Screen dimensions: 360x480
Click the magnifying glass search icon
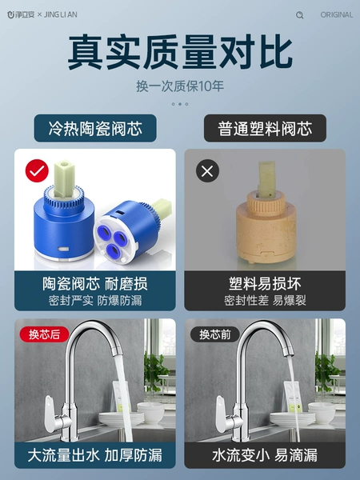[x=300, y=14]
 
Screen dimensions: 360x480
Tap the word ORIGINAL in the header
[x=337, y=14]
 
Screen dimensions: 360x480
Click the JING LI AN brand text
[x=60, y=14]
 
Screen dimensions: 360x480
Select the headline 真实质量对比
[x=180, y=52]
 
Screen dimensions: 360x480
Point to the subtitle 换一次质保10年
[x=180, y=86]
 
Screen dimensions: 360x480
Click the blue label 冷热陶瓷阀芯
[x=95, y=128]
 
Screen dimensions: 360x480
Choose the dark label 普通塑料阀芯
[x=265, y=128]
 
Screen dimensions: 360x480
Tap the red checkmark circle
[x=37, y=171]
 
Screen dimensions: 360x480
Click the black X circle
[x=207, y=171]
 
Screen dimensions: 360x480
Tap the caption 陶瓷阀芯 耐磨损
[x=95, y=284]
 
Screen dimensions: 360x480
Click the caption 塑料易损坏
[x=265, y=284]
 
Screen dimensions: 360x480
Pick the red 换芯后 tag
[x=44, y=334]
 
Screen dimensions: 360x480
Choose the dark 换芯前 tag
[x=215, y=334]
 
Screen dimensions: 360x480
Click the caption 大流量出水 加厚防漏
[x=95, y=455]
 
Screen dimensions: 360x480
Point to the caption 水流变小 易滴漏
[x=265, y=455]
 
